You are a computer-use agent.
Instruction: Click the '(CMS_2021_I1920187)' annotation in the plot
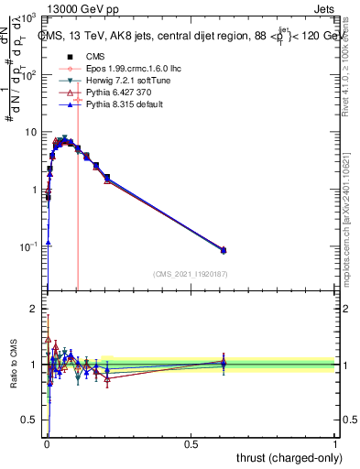point(190,273)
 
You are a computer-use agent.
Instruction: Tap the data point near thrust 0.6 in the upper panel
point(224,250)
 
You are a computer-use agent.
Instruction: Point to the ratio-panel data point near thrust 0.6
point(224,363)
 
